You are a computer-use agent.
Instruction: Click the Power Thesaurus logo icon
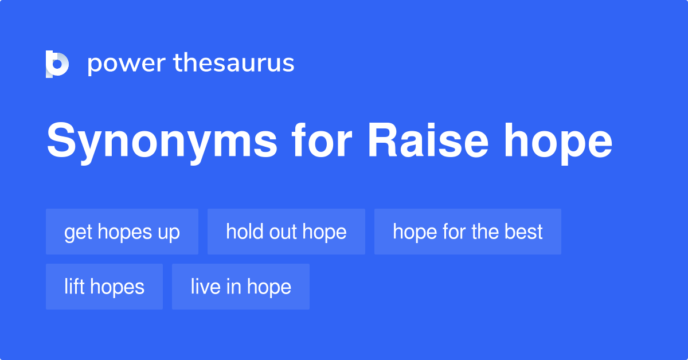(57, 64)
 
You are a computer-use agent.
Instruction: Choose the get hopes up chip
(122, 232)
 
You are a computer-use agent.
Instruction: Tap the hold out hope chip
(286, 232)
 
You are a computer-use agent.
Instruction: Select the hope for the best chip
(467, 232)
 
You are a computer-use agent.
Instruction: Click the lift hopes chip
(104, 287)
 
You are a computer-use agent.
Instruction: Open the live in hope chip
(241, 287)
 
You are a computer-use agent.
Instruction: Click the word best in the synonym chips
(523, 232)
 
